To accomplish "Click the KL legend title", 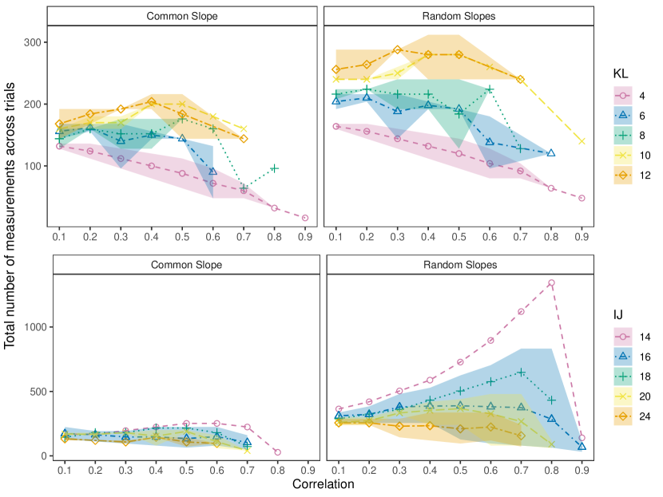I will (x=620, y=73).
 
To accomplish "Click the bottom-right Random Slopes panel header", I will (x=458, y=265).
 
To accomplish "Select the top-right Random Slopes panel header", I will (x=458, y=16).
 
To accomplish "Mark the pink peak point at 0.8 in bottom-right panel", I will (x=551, y=282).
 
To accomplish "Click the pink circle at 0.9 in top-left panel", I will (x=306, y=218).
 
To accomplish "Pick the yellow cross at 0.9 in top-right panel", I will (x=582, y=141).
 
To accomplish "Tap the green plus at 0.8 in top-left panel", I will (x=275, y=168).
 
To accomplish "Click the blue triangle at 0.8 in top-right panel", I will (x=551, y=153).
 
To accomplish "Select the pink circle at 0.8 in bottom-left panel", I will (x=277, y=452).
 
